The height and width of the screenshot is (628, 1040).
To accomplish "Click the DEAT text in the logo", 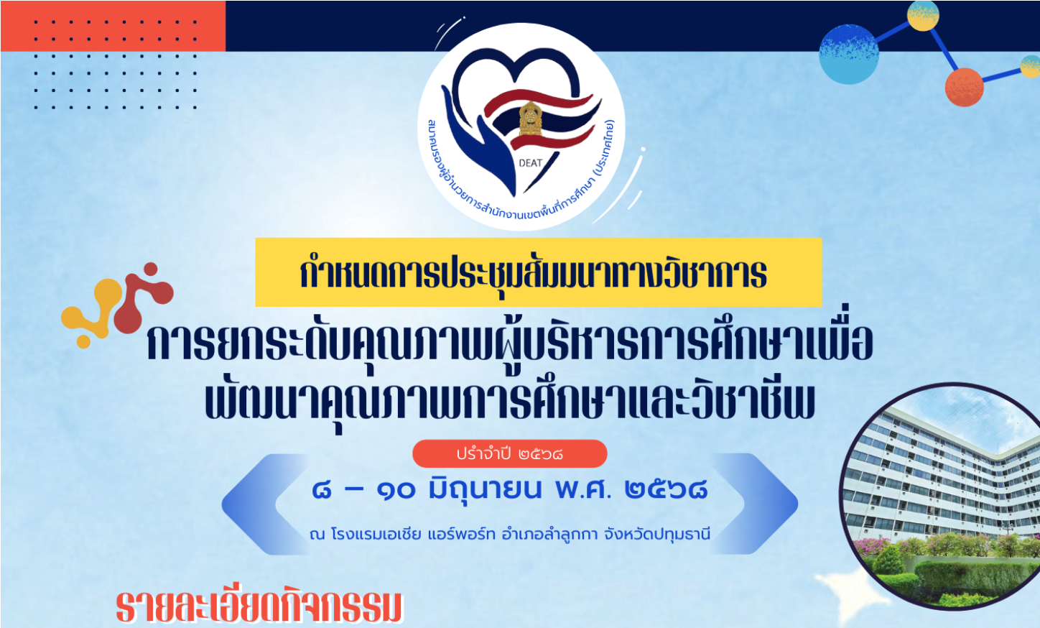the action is (x=531, y=163).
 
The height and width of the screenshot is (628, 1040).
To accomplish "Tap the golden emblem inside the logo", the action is (x=530, y=119).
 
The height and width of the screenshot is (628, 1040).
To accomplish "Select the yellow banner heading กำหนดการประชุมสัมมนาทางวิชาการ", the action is (x=538, y=272).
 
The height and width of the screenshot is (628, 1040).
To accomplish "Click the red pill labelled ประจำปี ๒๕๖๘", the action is (x=510, y=453).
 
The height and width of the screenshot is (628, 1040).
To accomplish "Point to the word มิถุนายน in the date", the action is (x=486, y=490).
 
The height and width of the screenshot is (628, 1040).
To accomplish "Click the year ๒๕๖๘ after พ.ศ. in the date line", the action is (x=666, y=489).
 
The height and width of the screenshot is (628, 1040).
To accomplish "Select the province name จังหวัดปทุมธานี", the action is (x=657, y=535).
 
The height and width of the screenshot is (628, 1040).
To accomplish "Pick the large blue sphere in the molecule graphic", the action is (x=849, y=55).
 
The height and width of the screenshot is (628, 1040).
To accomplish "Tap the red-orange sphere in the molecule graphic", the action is (x=965, y=88).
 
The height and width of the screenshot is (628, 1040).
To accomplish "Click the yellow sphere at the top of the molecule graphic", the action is (x=923, y=17).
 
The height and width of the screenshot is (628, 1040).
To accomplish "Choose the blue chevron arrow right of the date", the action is (x=753, y=504).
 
